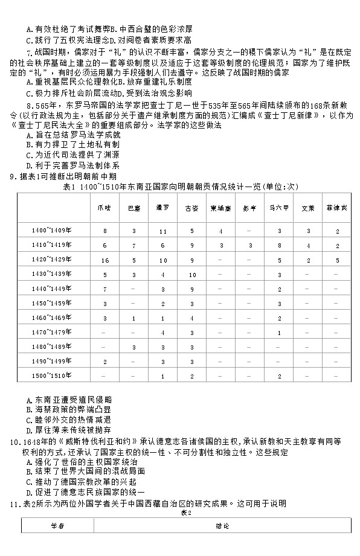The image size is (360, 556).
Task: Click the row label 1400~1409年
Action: pyautogui.click(x=52, y=231)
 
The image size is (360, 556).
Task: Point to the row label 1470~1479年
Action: pyautogui.click(x=52, y=332)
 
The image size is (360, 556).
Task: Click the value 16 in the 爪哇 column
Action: pyautogui.click(x=104, y=260)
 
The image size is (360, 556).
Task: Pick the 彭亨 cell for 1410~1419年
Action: pyautogui.click(x=250, y=246)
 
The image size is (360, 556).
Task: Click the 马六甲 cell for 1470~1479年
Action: pyautogui.click(x=279, y=332)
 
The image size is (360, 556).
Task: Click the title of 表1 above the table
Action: pyautogui.click(x=181, y=187)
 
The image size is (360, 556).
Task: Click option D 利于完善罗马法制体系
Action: pyautogui.click(x=72, y=165)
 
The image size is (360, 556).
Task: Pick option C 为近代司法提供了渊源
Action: pyautogui.click(x=72, y=155)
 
